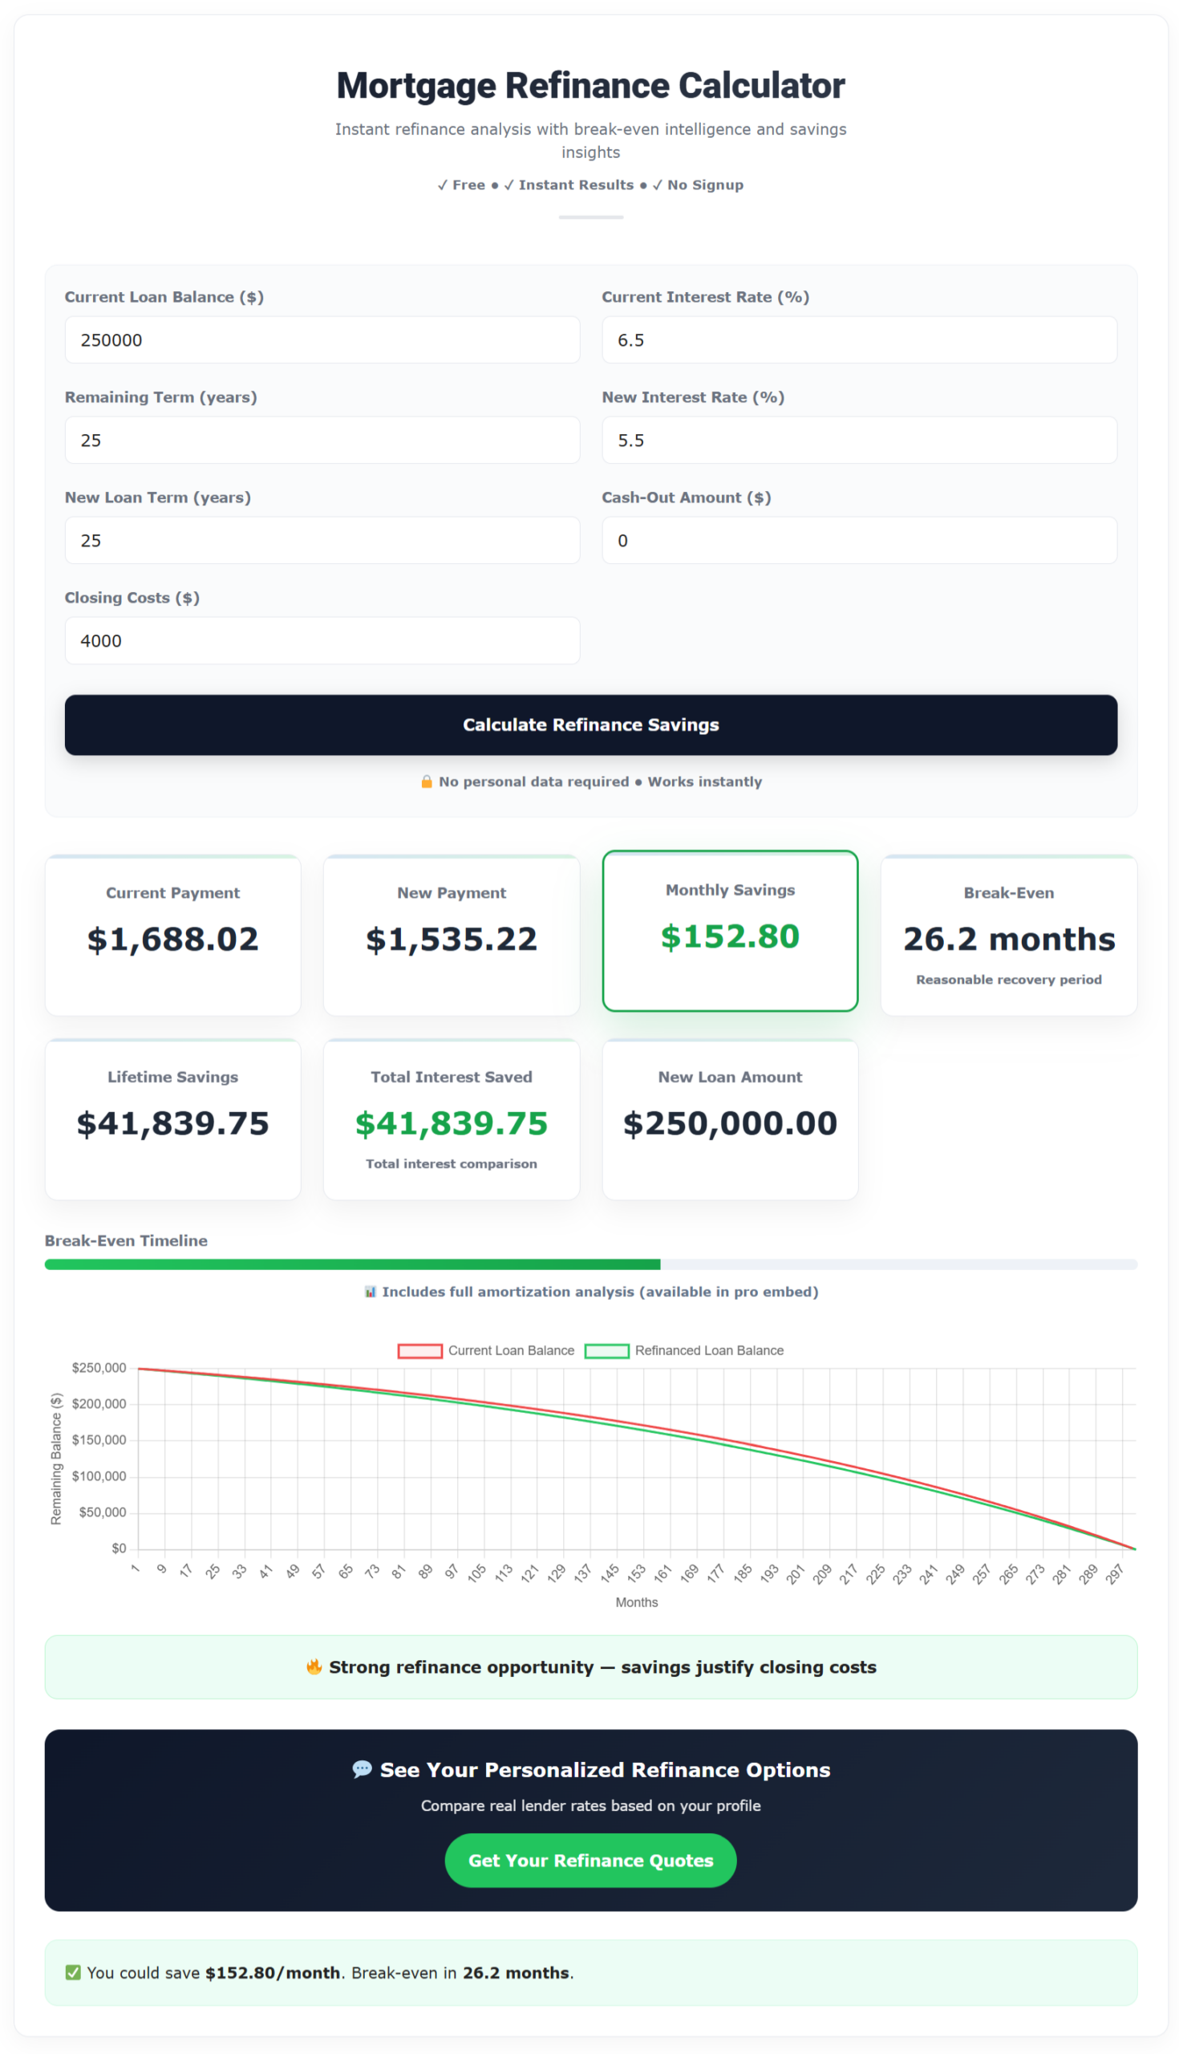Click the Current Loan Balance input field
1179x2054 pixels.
click(x=322, y=340)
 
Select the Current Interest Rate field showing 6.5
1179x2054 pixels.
click(x=858, y=340)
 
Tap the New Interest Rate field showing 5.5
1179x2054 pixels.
click(x=858, y=440)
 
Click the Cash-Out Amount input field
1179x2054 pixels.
click(x=858, y=540)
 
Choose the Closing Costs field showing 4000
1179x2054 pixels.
click(x=322, y=640)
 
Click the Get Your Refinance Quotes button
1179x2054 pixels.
click(x=590, y=1861)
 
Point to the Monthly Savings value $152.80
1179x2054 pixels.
click(x=730, y=936)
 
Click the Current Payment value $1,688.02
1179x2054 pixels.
click(x=172, y=940)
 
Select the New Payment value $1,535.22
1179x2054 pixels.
click(x=451, y=940)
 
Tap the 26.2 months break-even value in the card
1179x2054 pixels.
click(x=1008, y=940)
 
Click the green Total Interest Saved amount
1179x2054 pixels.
click(x=451, y=1123)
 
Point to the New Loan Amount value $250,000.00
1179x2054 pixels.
click(x=730, y=1123)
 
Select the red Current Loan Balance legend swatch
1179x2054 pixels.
click(x=419, y=1350)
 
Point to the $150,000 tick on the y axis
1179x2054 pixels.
click(x=99, y=1440)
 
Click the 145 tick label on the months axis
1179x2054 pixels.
click(x=609, y=1573)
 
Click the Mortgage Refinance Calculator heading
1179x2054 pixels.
click(x=590, y=86)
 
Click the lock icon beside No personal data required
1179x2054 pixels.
click(x=427, y=781)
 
